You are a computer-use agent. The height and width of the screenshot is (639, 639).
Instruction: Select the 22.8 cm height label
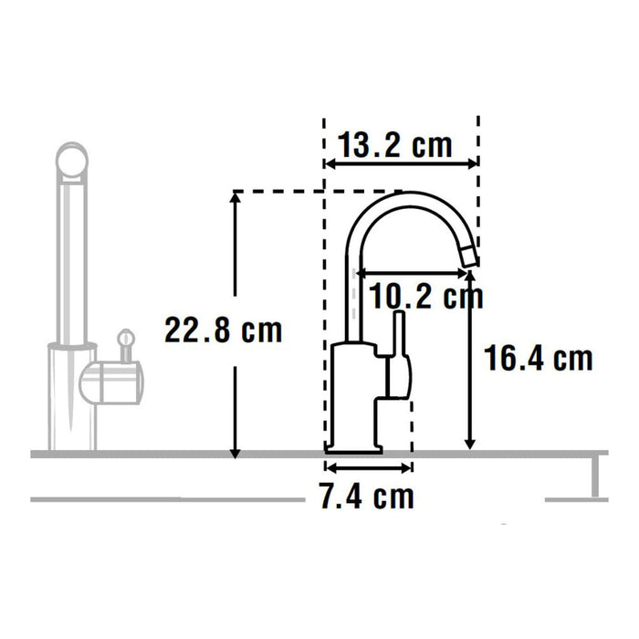point(223,330)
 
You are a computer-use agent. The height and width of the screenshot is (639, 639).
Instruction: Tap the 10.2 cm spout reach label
point(426,295)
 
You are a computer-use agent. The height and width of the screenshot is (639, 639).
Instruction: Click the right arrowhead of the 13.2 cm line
point(471,164)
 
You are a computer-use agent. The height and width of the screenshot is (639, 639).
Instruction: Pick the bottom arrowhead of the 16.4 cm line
point(470,443)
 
